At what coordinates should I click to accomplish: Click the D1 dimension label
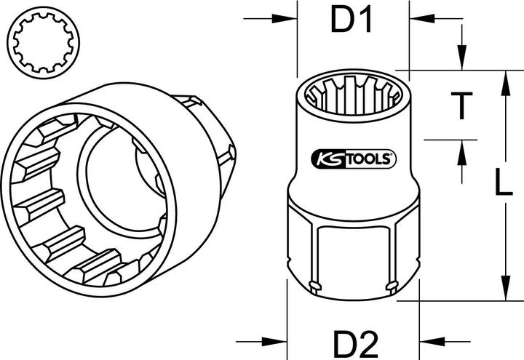click(x=351, y=20)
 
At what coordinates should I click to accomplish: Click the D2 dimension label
click(x=356, y=343)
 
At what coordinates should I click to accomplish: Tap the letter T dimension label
click(x=461, y=106)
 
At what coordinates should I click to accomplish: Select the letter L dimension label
click(x=504, y=182)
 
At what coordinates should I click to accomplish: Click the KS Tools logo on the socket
click(x=353, y=159)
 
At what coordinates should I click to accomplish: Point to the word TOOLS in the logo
click(x=367, y=159)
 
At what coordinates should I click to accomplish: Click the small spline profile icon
click(x=43, y=43)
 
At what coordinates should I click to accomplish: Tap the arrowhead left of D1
click(x=285, y=19)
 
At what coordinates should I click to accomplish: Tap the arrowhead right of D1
click(x=422, y=19)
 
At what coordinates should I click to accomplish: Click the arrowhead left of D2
click(x=274, y=342)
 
